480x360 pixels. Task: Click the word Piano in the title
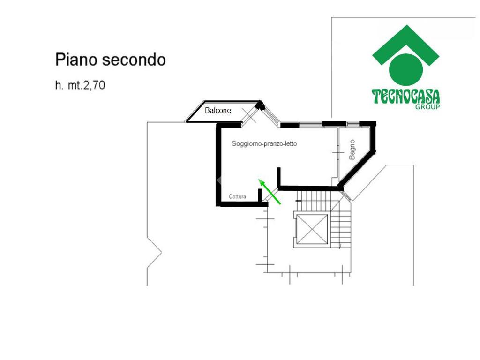coord(76,60)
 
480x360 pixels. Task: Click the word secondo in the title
coord(134,60)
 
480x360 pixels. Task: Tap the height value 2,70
coord(94,85)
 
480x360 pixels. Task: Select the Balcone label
coord(218,110)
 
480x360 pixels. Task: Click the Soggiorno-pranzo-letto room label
coord(264,143)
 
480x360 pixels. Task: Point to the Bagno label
coord(352,150)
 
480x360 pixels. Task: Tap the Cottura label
coord(237,196)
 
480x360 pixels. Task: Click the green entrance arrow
coord(270,191)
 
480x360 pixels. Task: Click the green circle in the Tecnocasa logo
coord(406,69)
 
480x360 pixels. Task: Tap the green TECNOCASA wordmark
coord(406,97)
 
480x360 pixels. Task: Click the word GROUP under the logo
coord(427,107)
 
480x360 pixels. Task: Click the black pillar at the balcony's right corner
coord(261,105)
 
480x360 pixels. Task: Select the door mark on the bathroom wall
coord(338,153)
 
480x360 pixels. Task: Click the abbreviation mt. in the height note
coord(75,85)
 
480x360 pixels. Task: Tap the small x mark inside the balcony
coord(249,115)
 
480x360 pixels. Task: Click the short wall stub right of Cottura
coord(260,196)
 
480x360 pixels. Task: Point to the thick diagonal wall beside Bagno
coord(356,169)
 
